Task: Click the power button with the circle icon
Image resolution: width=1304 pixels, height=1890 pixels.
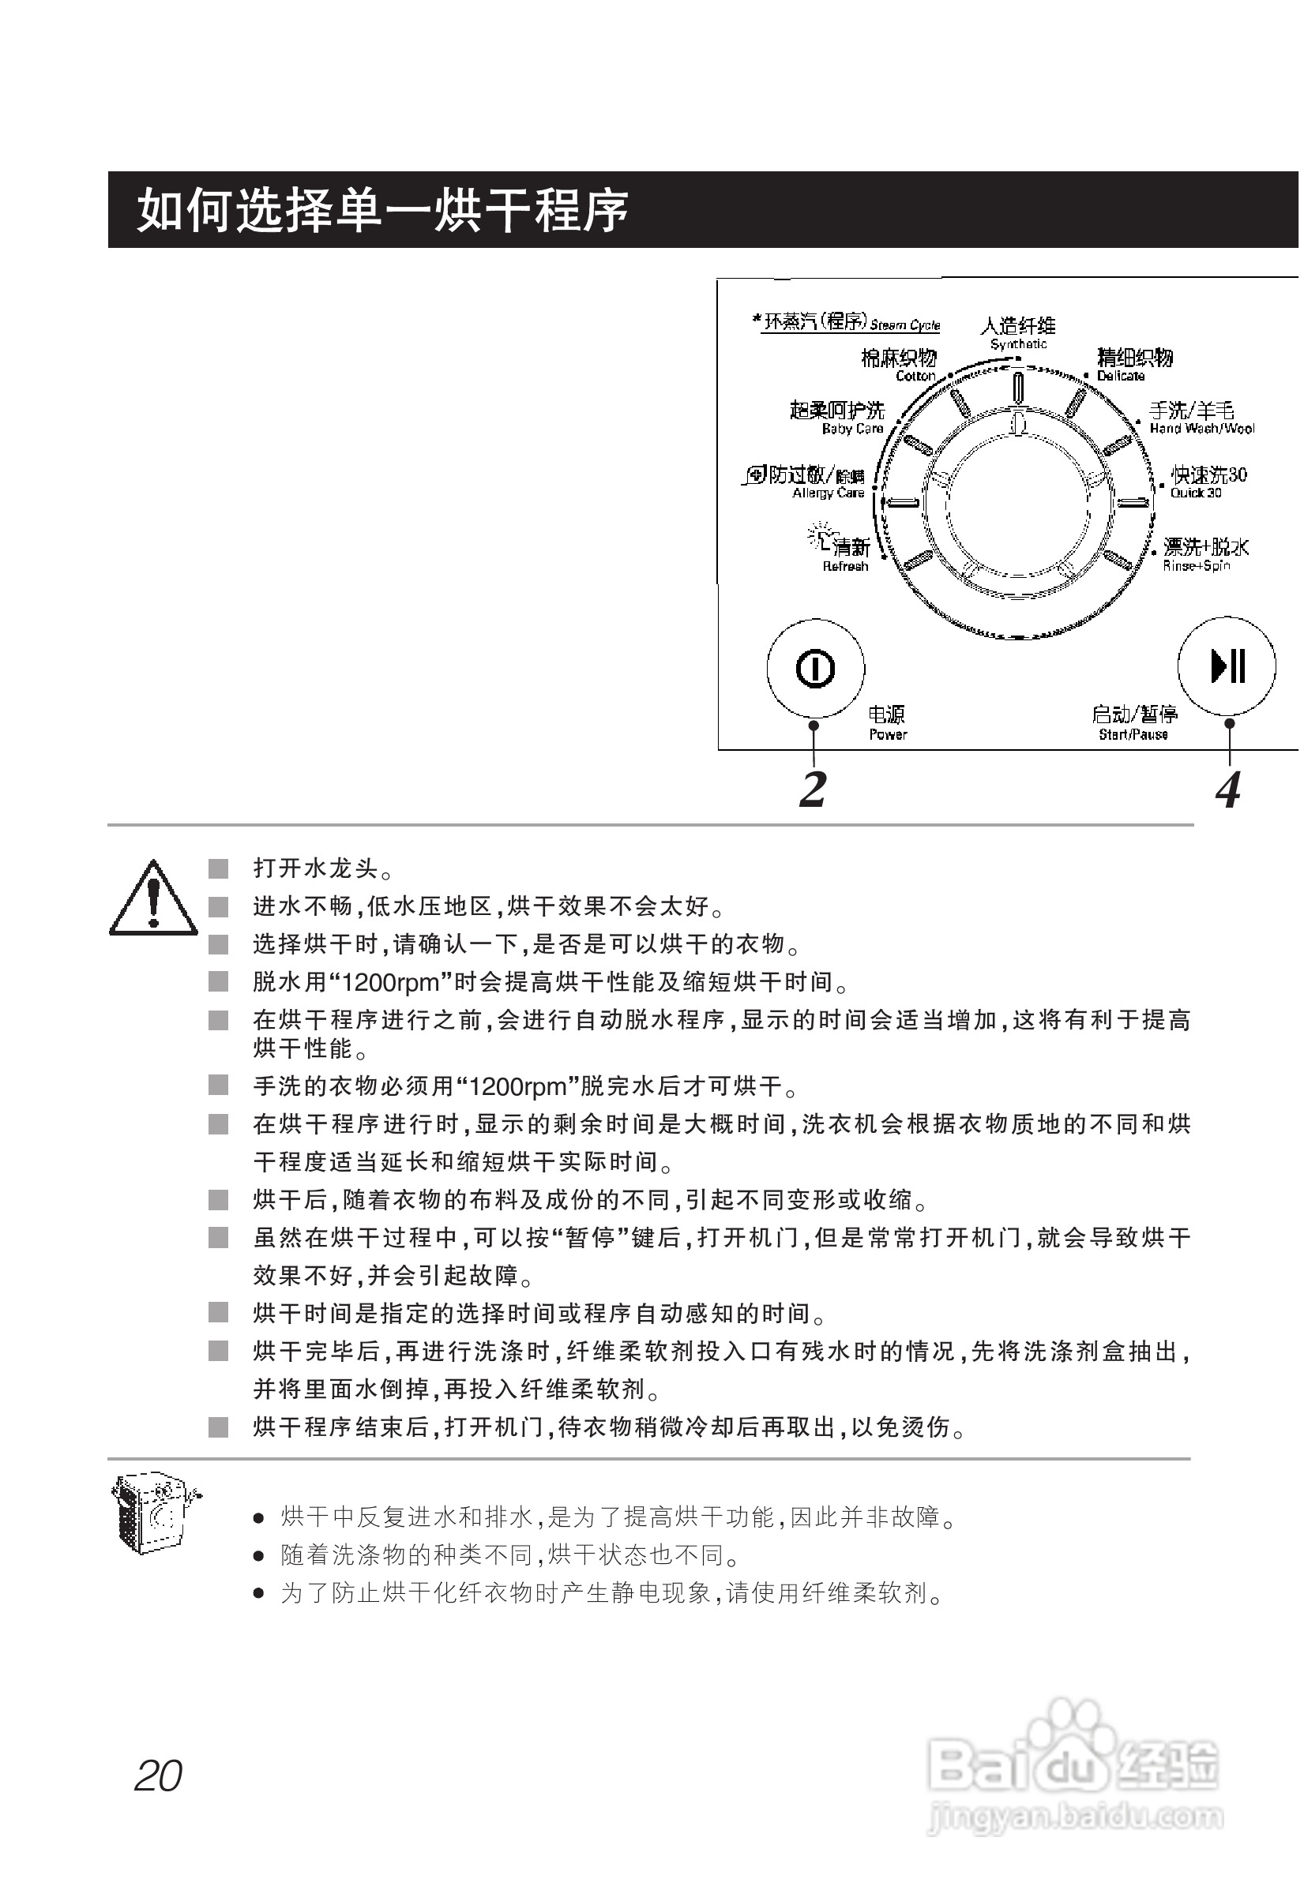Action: pos(814,668)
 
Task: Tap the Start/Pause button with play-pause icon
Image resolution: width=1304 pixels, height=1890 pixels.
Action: pos(1227,666)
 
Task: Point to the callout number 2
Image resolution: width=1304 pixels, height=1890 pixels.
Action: pos(813,789)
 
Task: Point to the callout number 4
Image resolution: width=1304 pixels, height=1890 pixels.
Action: pos(1228,789)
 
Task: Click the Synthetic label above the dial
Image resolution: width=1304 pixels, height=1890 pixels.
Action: pos(1018,333)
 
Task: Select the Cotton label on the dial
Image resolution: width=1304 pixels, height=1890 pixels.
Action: pos(899,365)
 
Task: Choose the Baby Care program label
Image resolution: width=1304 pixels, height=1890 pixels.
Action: pos(837,418)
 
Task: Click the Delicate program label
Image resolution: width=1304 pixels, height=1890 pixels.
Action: pos(1134,364)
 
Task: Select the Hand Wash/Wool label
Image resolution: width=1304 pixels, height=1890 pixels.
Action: pos(1200,418)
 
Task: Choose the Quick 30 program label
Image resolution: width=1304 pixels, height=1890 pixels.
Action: pos(1208,482)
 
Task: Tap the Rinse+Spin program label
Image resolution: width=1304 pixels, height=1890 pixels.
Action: pos(1204,553)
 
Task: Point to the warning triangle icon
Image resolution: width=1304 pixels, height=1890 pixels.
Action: pos(152,898)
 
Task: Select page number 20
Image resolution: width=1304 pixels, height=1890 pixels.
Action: pos(159,1776)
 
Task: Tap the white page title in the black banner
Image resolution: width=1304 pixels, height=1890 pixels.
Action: pos(382,210)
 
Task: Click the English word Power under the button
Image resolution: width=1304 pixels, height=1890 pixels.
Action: pos(888,734)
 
